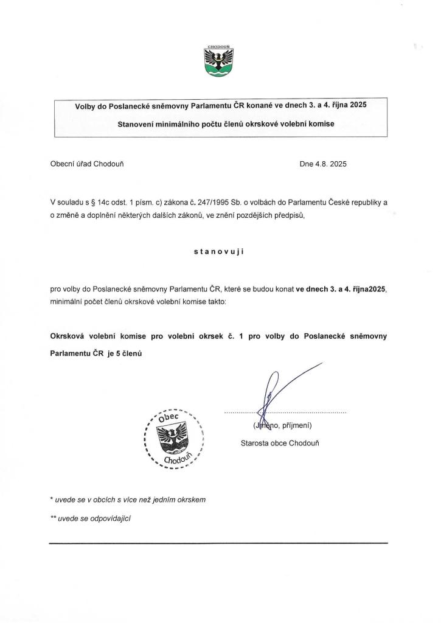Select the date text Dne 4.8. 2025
[x=323, y=164]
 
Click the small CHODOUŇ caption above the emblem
[x=220, y=46]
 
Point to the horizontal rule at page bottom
[x=218, y=543]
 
